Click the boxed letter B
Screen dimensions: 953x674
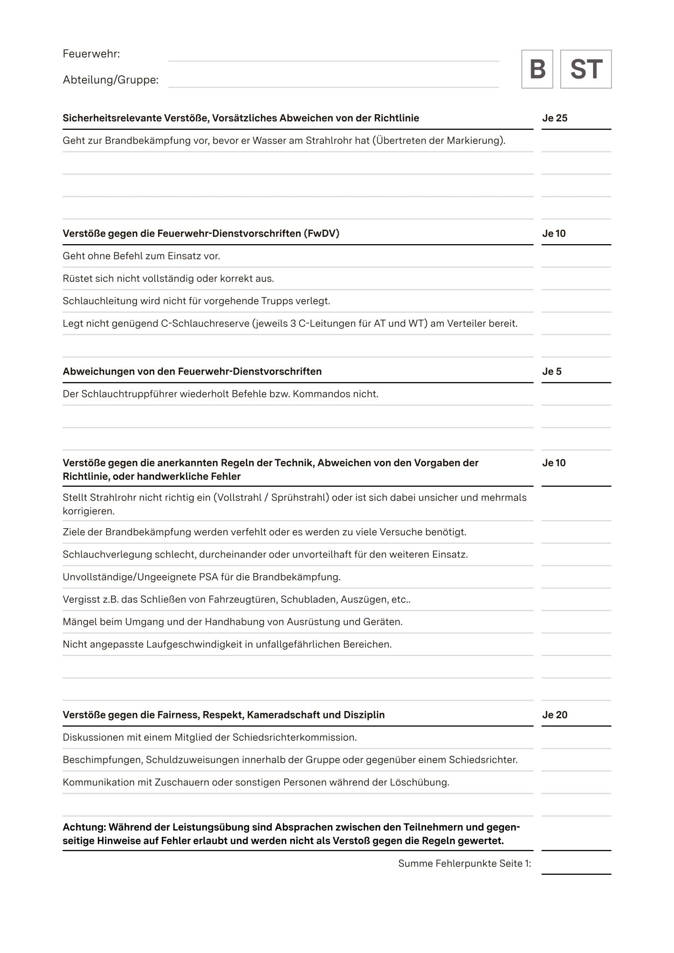point(537,69)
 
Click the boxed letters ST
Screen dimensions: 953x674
point(586,69)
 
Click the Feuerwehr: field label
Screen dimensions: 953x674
point(91,54)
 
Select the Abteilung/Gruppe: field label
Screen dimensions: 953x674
point(111,80)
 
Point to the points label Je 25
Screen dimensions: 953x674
point(555,118)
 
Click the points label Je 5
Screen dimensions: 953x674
point(552,371)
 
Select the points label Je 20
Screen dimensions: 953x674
point(555,715)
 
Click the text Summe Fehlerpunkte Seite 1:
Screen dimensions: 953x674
point(464,864)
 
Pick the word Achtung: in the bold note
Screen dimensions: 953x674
point(84,827)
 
